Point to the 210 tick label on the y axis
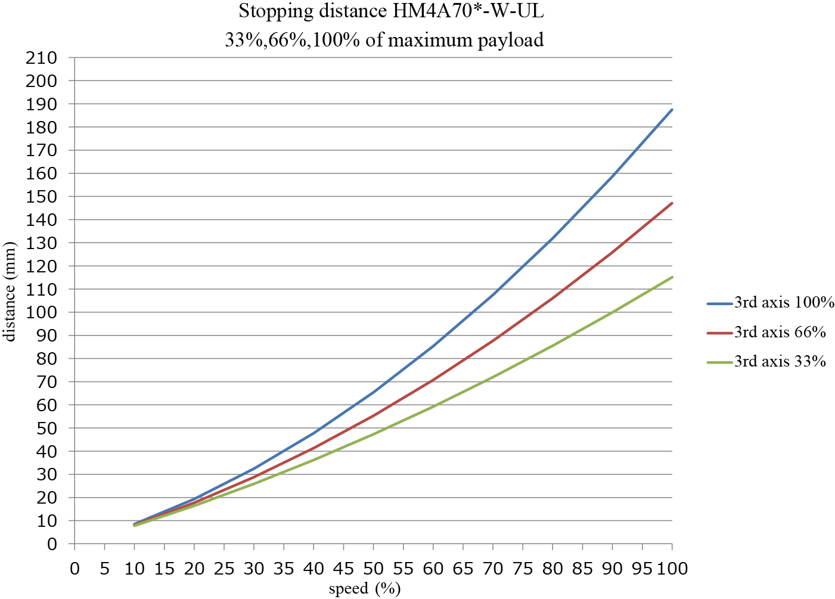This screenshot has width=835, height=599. (41, 58)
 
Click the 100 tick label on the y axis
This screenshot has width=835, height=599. (41, 312)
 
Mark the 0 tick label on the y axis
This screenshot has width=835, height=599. (52, 544)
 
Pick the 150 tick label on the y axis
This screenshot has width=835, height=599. (41, 197)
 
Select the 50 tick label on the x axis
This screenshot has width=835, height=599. (373, 569)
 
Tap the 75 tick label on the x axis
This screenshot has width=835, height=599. (523, 569)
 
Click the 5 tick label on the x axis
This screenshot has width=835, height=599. (105, 569)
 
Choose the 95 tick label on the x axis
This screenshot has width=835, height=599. (642, 569)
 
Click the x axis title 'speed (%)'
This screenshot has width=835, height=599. (365, 589)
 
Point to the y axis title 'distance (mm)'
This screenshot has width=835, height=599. (10, 291)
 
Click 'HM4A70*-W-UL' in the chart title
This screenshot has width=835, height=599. (469, 11)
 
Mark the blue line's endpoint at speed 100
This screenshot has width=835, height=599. (672, 110)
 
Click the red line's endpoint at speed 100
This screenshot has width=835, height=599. (672, 203)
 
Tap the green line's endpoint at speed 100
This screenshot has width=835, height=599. (672, 277)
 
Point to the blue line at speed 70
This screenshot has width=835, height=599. (493, 294)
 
